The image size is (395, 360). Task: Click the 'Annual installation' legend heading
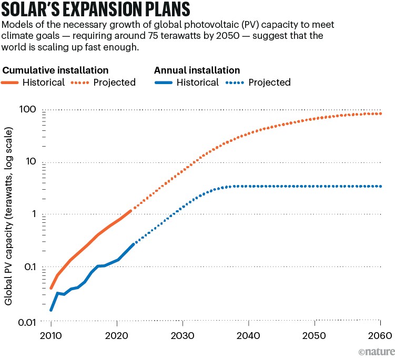pos(197,70)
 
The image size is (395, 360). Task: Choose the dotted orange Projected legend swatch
pos(78,83)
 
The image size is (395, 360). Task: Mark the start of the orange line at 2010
pos(51,288)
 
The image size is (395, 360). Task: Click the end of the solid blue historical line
pos(133,244)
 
